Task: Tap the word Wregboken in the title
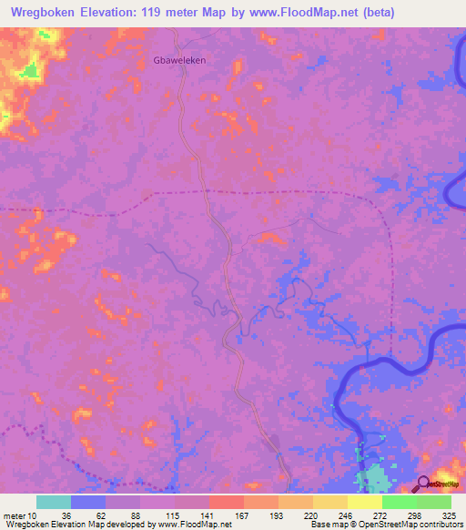tap(46, 12)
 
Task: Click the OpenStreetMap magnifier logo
tap(423, 484)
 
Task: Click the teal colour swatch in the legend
tap(54, 502)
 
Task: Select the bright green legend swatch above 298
tap(400, 502)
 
